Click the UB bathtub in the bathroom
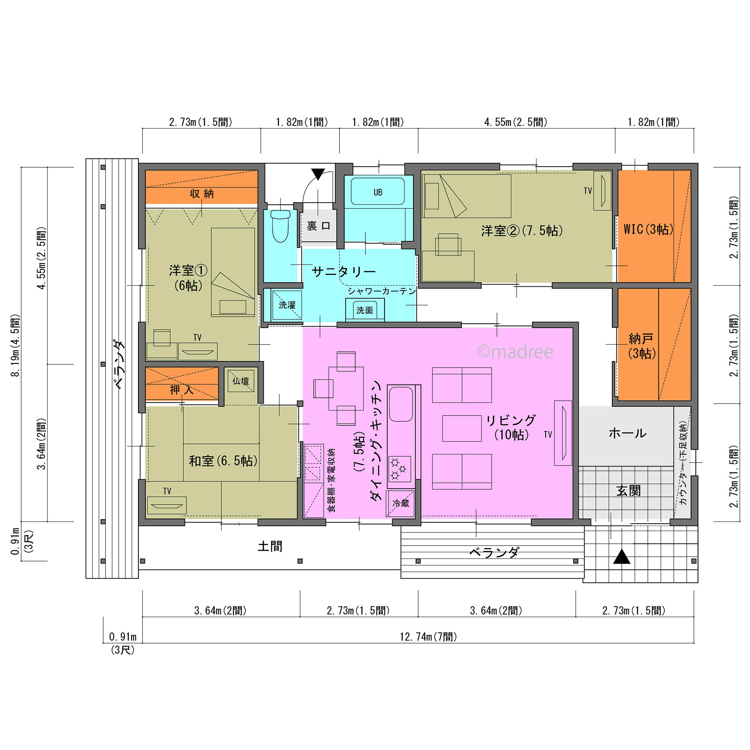[x=377, y=192]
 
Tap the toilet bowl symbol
[x=280, y=226]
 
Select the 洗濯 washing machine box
[x=287, y=305]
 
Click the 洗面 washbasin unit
[x=365, y=310]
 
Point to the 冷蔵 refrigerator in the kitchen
[x=400, y=504]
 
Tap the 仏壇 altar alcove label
[x=241, y=381]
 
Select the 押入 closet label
[x=182, y=390]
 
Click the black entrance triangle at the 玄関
[x=621, y=557]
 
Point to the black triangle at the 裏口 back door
[x=318, y=174]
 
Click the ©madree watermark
[x=515, y=352]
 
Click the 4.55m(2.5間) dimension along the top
[x=516, y=122]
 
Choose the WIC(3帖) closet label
[x=648, y=229]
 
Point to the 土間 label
[x=270, y=546]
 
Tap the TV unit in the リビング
[x=563, y=433]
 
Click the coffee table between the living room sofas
[x=462, y=428]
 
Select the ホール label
[x=627, y=433]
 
